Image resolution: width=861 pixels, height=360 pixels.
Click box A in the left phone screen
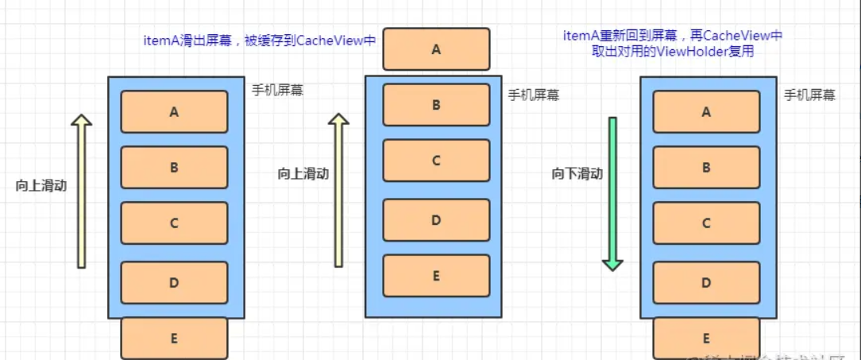point(174,112)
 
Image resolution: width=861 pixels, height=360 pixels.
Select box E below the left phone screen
point(174,338)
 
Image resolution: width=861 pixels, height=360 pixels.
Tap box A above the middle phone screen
point(436,49)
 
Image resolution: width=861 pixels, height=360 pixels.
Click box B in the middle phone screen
point(436,104)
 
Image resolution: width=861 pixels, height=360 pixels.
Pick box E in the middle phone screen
point(436,276)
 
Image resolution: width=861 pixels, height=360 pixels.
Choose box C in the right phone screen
point(706,223)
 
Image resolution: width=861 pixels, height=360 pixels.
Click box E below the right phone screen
point(706,338)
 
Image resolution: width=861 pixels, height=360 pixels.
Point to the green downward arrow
point(612,193)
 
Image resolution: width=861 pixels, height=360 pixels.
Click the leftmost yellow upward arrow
point(81,191)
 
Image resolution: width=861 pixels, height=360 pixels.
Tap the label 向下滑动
point(577,174)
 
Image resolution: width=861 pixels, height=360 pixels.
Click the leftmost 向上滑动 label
point(41,185)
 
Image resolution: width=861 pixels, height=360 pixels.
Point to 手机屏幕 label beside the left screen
point(277,90)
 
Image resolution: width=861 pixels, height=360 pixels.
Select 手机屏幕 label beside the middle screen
point(534,95)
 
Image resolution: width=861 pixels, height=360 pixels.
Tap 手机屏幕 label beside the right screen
point(809,95)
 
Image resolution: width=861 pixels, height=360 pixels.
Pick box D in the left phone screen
point(174,282)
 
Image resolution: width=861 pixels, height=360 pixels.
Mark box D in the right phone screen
point(706,282)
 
